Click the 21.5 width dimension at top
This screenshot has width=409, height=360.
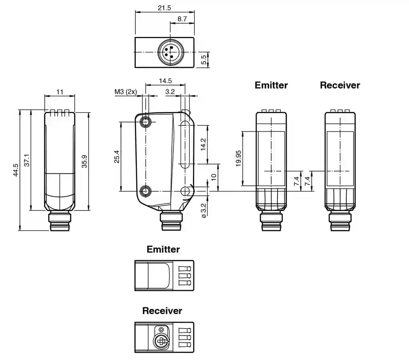[164, 8]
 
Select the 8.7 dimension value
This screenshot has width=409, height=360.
[182, 19]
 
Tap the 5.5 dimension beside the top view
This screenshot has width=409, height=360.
[203, 60]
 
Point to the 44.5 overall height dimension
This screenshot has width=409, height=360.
[16, 170]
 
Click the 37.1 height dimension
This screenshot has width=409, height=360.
[27, 160]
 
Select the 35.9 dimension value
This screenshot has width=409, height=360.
[84, 161]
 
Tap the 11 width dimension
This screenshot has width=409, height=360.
[60, 92]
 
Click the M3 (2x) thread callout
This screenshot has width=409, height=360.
[126, 92]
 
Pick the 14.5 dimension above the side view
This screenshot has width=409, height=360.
[165, 81]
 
